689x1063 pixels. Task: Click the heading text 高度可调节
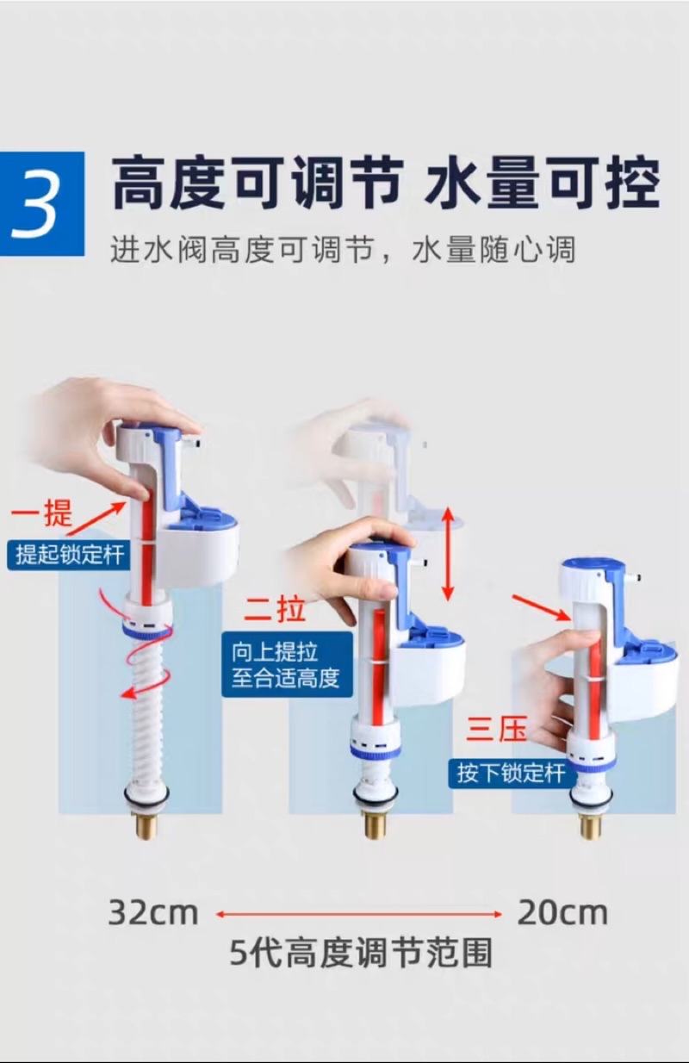point(258,183)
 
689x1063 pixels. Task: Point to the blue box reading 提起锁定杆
point(68,554)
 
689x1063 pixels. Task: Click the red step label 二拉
point(274,610)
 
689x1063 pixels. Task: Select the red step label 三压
point(496,729)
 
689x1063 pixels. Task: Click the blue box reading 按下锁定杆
point(512,773)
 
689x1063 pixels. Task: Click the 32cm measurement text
point(152,912)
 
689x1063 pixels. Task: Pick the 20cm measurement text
point(562,912)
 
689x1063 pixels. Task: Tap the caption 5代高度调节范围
point(361,953)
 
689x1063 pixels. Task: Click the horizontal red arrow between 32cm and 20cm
point(358,913)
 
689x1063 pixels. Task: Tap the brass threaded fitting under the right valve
point(590,825)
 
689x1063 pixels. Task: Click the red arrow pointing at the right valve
point(540,605)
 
